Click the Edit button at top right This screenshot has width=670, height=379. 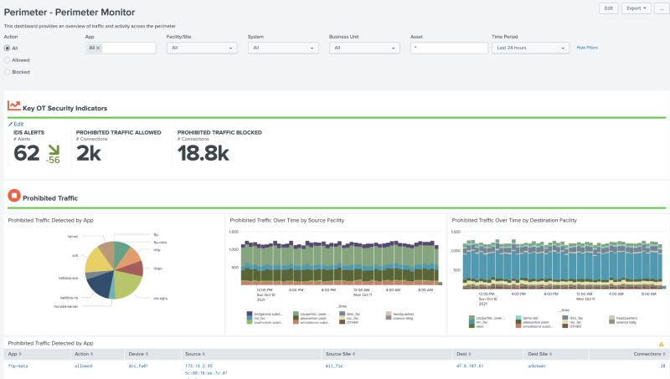coord(609,8)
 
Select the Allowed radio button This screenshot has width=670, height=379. coord(8,60)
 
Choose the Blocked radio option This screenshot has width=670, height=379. coord(8,72)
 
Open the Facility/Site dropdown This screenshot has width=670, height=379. coord(201,49)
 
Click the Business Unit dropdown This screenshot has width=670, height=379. coord(365,49)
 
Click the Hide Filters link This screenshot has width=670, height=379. coord(587,48)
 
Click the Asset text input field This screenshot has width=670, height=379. coord(448,49)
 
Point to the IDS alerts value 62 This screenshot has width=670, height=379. coord(27,153)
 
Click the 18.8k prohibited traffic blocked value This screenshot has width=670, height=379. coord(203,153)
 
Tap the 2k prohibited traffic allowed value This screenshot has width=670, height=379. coord(89,153)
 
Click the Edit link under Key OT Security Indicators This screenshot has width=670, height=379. coord(18,124)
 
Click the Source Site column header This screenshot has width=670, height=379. coord(339,354)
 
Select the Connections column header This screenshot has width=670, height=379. coord(647,354)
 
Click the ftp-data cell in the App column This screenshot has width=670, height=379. coord(18,366)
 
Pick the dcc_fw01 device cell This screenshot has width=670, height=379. coord(138,366)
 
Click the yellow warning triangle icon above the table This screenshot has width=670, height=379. coord(661,344)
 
